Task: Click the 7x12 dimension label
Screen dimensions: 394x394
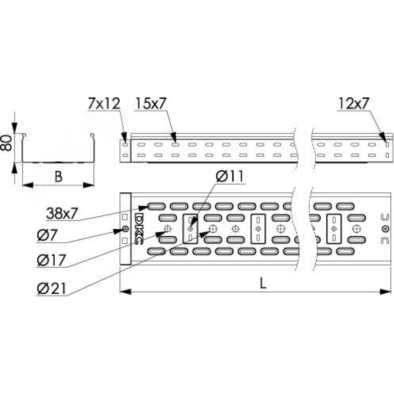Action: click(x=104, y=104)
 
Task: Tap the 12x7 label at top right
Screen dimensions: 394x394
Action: click(x=354, y=104)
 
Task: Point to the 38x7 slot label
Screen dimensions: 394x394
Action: click(x=62, y=214)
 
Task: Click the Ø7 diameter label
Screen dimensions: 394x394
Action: click(x=47, y=236)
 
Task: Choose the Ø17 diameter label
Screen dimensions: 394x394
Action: click(x=52, y=260)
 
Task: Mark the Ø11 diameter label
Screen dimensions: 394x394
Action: click(x=230, y=176)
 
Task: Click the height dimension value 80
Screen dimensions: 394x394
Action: click(x=6, y=143)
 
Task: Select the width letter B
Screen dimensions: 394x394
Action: click(x=58, y=177)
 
